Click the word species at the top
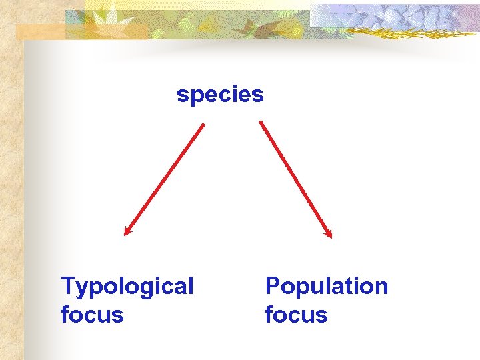[220, 95]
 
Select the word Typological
[127, 287]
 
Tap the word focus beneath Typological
[92, 314]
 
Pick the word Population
[326, 286]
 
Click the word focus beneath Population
[296, 314]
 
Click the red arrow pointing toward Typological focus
[164, 179]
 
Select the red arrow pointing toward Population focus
[295, 179]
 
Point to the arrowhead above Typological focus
[127, 231]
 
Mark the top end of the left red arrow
[203, 125]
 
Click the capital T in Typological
[67, 286]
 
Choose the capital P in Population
[272, 286]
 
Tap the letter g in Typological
[145, 289]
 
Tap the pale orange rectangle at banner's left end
[40, 31]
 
